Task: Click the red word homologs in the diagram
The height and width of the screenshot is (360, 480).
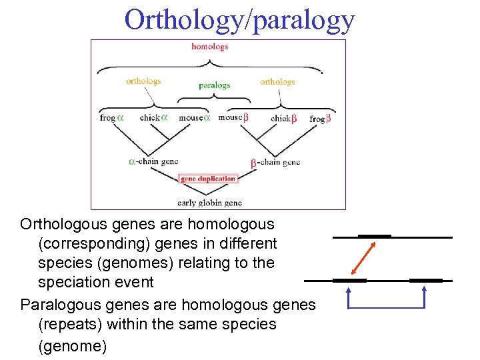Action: (209, 47)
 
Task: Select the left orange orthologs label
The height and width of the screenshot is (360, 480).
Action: (143, 81)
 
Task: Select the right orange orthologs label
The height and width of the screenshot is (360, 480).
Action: (277, 81)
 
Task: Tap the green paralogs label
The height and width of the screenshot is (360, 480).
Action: (214, 85)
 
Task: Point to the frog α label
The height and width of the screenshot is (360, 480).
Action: (111, 117)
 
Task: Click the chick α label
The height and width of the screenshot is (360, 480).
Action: (153, 117)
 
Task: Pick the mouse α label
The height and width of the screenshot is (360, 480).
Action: (194, 117)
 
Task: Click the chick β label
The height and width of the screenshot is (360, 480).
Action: (283, 118)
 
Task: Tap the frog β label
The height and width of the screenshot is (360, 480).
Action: (320, 119)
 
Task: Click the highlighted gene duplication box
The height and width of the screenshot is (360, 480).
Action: (208, 179)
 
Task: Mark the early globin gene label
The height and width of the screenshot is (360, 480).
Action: (209, 202)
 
